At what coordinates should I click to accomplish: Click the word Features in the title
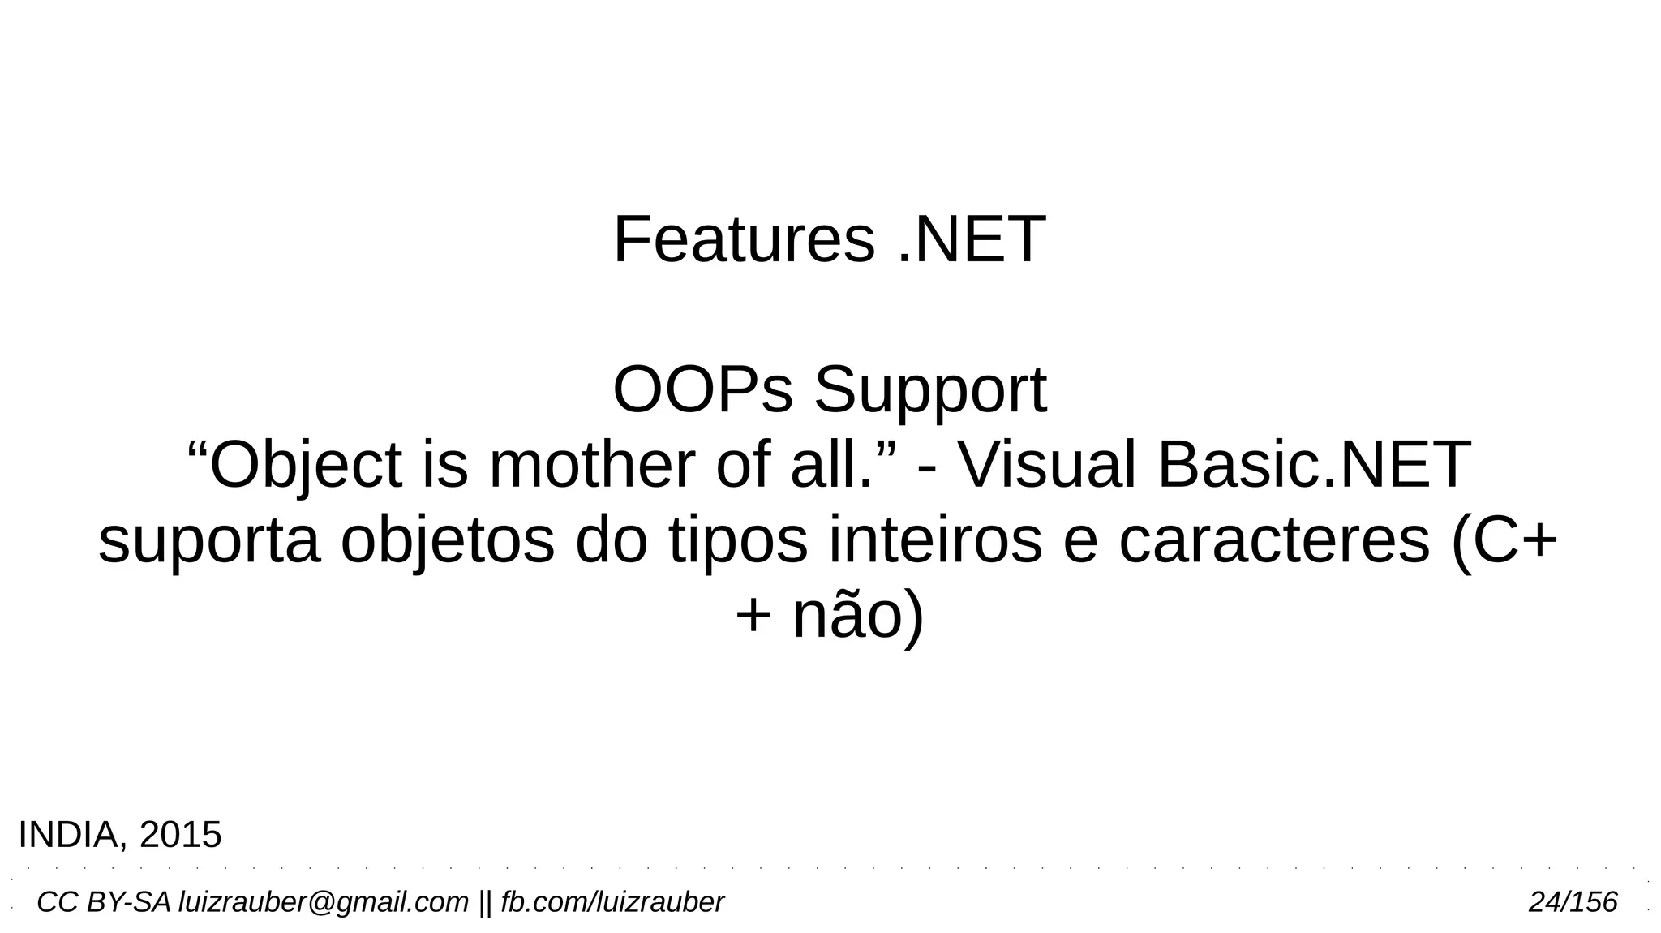[x=744, y=240]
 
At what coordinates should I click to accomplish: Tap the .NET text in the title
[x=972, y=240]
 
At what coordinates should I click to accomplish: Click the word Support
[x=930, y=392]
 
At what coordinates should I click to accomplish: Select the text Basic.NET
[x=1314, y=466]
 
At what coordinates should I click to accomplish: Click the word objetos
[x=448, y=542]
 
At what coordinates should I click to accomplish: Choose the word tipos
[x=738, y=542]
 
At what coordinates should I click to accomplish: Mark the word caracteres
[x=1274, y=541]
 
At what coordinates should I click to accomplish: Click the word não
[x=858, y=616]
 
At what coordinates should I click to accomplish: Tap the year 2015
[x=181, y=835]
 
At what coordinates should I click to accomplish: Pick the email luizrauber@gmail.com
[x=324, y=902]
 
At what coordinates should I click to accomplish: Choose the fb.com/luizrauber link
[x=612, y=902]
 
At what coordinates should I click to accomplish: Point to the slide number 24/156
[x=1573, y=902]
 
